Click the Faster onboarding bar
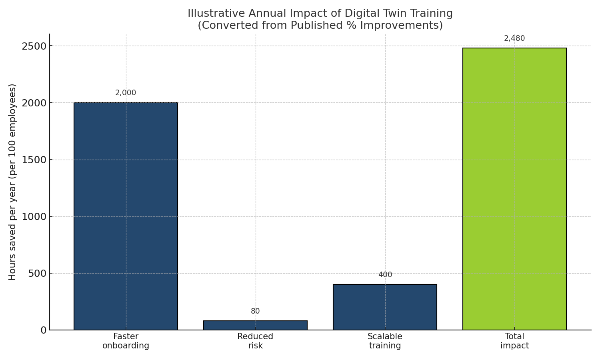pyautogui.click(x=126, y=216)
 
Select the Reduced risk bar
pyautogui.click(x=255, y=325)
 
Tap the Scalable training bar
pyautogui.click(x=385, y=307)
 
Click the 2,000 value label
pyautogui.click(x=126, y=93)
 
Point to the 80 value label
pyautogui.click(x=255, y=311)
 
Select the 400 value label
pyautogui.click(x=385, y=275)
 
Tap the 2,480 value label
pyautogui.click(x=514, y=38)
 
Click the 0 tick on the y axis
pyautogui.click(x=43, y=330)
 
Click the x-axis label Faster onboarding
pyautogui.click(x=126, y=341)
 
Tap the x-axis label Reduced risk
pyautogui.click(x=255, y=341)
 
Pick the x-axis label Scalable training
pyautogui.click(x=385, y=341)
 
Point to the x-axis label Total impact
pyautogui.click(x=514, y=341)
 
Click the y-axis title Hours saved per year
pyautogui.click(x=12, y=182)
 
